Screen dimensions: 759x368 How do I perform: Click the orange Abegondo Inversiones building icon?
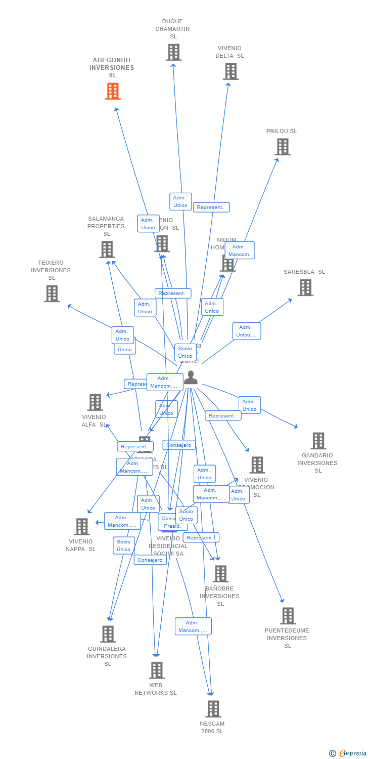click(x=113, y=92)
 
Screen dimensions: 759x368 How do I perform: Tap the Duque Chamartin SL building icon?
click(x=173, y=52)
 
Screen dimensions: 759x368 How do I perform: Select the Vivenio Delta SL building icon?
click(x=231, y=71)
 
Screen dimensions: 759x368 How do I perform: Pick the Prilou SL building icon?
click(x=282, y=147)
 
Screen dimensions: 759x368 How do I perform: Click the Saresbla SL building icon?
click(x=305, y=287)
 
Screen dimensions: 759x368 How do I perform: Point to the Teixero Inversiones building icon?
click(x=52, y=293)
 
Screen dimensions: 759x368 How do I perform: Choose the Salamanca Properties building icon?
click(x=107, y=249)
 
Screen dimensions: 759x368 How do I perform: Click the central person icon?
click(x=191, y=377)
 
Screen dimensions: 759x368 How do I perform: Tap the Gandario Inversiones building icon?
click(x=318, y=441)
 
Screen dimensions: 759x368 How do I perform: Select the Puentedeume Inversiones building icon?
click(x=288, y=616)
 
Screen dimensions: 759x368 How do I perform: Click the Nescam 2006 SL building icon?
click(x=213, y=709)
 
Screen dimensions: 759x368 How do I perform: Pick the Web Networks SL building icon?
click(x=157, y=670)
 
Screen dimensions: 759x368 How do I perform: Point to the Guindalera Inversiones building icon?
click(x=108, y=634)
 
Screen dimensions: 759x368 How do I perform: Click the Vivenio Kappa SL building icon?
click(x=81, y=527)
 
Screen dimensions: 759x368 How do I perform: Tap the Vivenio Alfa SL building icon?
click(x=95, y=402)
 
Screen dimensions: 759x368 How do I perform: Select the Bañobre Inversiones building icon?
click(x=220, y=574)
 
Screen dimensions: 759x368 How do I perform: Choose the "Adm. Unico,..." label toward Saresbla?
click(x=247, y=331)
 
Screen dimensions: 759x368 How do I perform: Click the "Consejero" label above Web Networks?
click(x=150, y=560)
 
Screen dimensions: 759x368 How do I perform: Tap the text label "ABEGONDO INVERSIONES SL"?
click(x=112, y=67)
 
